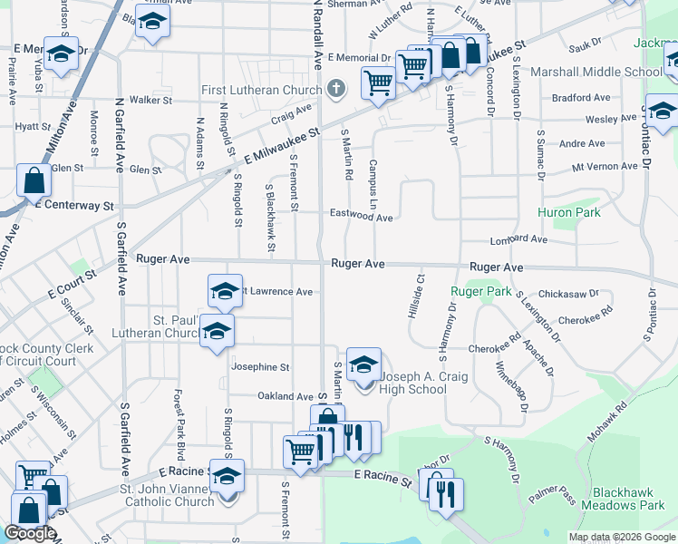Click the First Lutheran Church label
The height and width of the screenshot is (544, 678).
click(x=261, y=90)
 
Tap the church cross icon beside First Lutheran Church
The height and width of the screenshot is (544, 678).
click(x=336, y=88)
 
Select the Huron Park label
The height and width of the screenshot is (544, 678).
click(x=568, y=212)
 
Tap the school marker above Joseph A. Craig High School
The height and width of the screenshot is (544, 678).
click(x=363, y=364)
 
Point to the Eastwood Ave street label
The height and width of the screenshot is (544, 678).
click(x=360, y=218)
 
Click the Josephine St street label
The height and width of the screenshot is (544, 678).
click(x=260, y=367)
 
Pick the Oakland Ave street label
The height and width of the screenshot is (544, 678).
click(x=285, y=396)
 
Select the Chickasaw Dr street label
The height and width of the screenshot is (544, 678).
click(x=568, y=294)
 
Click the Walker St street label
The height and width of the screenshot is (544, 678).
click(x=150, y=100)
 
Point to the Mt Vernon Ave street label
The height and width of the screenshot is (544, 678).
click(x=605, y=167)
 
